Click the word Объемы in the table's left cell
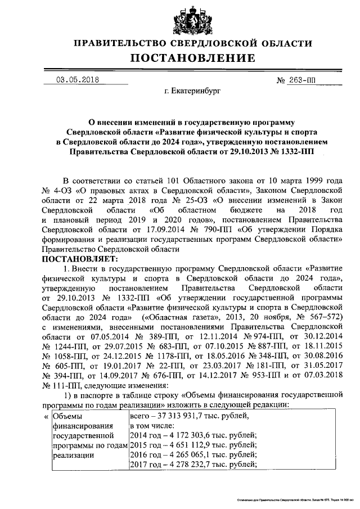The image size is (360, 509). click(66, 417)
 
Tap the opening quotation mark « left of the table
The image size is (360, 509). click(46, 417)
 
